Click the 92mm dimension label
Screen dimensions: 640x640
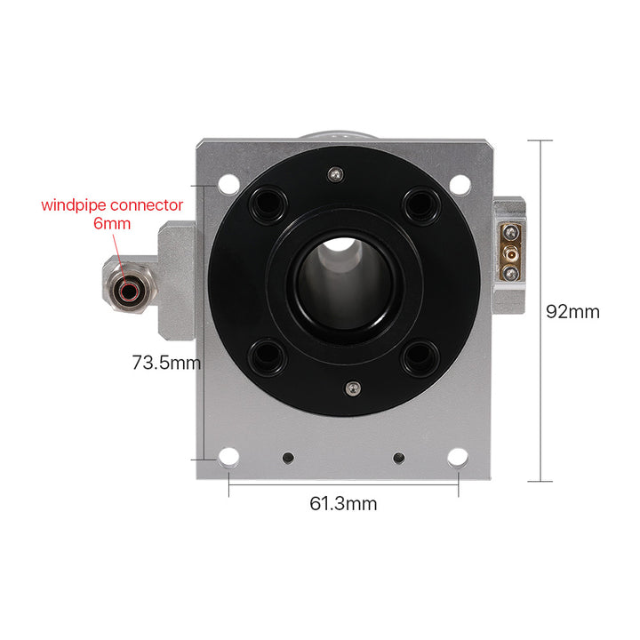[x=572, y=312]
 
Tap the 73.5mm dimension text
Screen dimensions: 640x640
[x=166, y=363]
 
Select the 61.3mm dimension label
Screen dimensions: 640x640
[x=343, y=504]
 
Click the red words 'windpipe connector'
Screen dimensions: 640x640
[x=112, y=205]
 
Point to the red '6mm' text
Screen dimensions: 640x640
[x=112, y=224]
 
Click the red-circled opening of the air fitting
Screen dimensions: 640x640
[x=129, y=291]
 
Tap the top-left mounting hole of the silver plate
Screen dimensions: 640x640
[x=228, y=185]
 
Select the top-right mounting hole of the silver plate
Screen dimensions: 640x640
[x=460, y=185]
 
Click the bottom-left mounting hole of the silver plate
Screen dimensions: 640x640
[x=228, y=457]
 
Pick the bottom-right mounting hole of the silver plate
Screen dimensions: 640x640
[x=458, y=457]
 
